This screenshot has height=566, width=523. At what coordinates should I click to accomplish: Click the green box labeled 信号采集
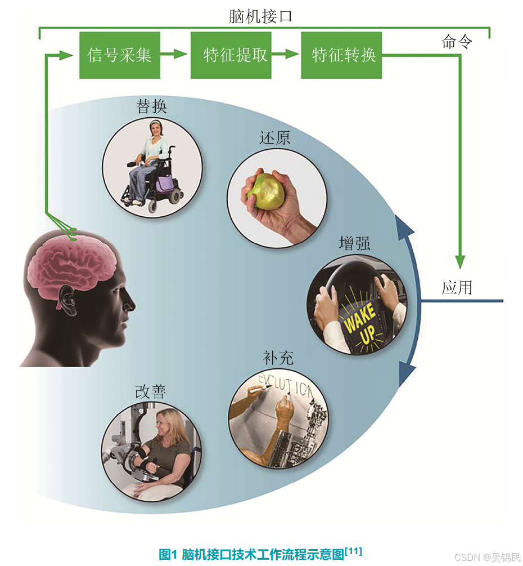pos(119,55)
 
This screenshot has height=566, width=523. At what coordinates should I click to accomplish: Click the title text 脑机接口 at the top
pos(260,16)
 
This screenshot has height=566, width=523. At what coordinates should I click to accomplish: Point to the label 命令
pos(457,42)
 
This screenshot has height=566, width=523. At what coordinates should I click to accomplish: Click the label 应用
pos(457,288)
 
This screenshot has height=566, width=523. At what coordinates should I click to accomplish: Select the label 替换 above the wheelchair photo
pos(152,106)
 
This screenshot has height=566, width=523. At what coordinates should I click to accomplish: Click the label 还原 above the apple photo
pos(275,139)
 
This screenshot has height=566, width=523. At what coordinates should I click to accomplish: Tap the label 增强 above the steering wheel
pos(355,243)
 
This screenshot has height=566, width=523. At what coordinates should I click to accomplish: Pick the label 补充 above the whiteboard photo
pos(278,358)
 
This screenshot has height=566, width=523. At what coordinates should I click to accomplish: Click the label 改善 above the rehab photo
pos(151,392)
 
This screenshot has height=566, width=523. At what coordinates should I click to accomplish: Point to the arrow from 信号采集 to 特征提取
pos(174,55)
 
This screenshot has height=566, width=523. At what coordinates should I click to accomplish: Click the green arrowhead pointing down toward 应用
pos(460,261)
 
